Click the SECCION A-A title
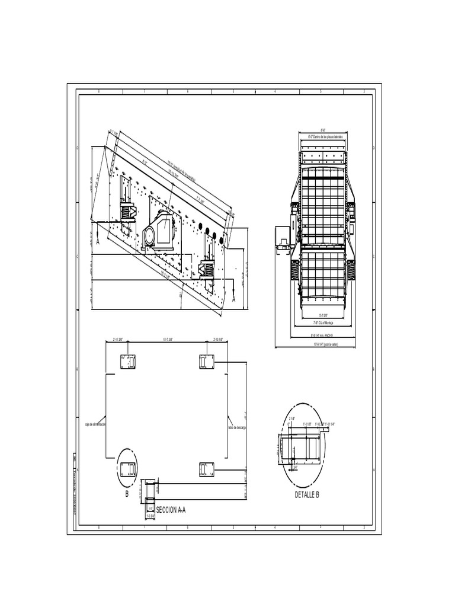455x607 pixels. [x=171, y=510]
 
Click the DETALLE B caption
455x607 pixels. [x=307, y=494]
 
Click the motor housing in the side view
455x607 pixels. [x=158, y=229]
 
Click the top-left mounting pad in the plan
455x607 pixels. [x=128, y=362]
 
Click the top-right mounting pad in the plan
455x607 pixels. [x=207, y=362]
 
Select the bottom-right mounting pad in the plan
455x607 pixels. [x=207, y=469]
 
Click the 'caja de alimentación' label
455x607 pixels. [x=95, y=426]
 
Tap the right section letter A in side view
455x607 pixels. [x=233, y=300]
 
